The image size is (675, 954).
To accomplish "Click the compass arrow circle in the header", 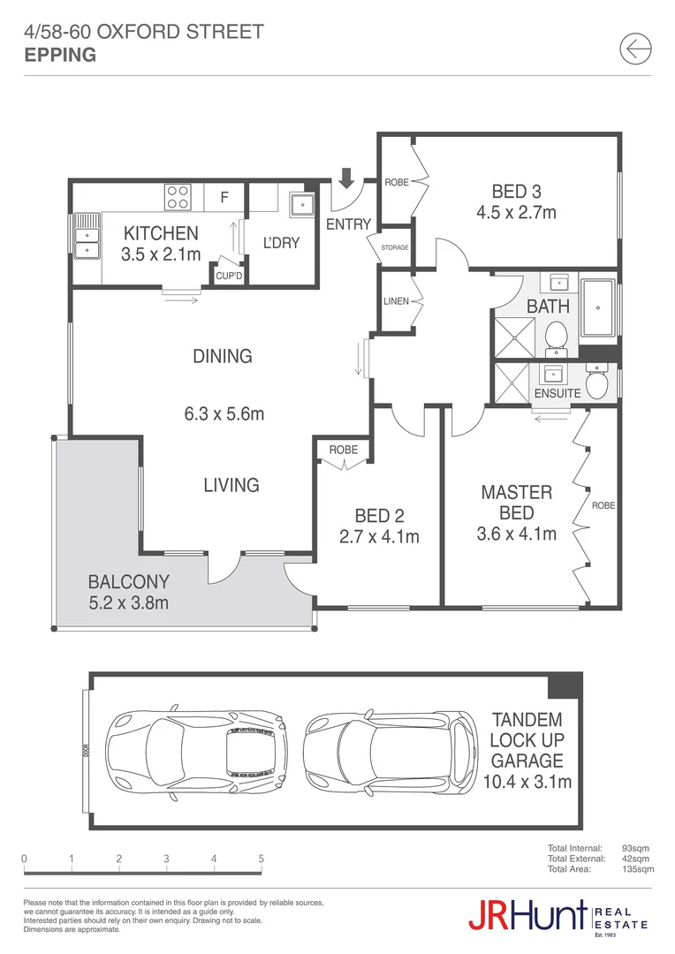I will coord(635,49).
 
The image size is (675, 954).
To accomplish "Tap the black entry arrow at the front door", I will coord(346,178).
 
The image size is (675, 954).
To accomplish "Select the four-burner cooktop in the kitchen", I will coord(178,196).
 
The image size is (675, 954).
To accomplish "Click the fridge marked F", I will coord(224,197).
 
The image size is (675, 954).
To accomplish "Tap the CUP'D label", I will coord(230,276).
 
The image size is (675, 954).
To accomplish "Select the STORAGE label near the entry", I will coord(395,247).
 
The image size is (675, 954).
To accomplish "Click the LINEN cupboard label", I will coord(396,301).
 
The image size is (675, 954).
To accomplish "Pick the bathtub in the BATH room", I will coord(600,308).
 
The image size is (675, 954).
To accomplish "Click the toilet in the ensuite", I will coord(596,383).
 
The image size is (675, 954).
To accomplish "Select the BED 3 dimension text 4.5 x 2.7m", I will coord(516,213).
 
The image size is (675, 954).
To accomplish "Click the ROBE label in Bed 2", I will coord(343,450).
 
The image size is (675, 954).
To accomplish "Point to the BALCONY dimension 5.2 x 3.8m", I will coord(128,603).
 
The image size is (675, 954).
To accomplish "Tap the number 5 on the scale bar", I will coord(261,858).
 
